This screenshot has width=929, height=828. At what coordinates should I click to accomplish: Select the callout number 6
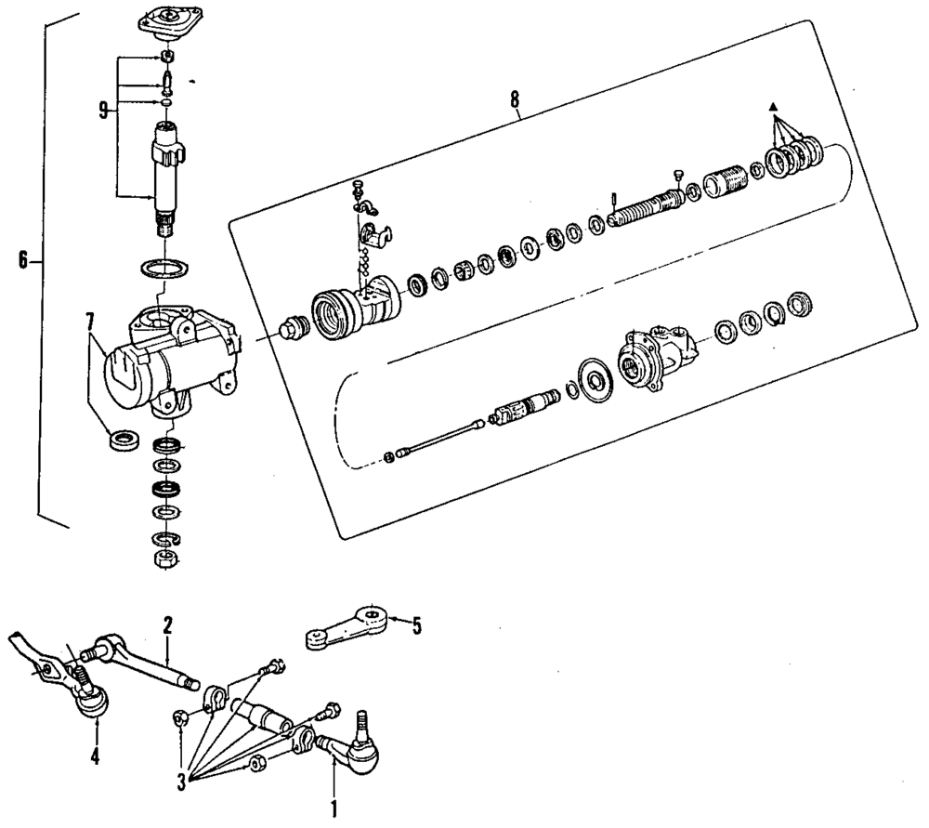coord(23,261)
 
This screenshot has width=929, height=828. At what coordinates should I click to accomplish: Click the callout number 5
coord(415,625)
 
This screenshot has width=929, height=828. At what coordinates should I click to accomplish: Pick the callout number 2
coord(168,625)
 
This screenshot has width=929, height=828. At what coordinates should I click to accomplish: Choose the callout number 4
coord(96,756)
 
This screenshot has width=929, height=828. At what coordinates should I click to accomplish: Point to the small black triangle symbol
coord(771,108)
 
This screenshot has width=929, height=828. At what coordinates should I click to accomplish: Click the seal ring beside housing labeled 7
coord(123,439)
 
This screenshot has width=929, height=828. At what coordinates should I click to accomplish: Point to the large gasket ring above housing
coord(165,269)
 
